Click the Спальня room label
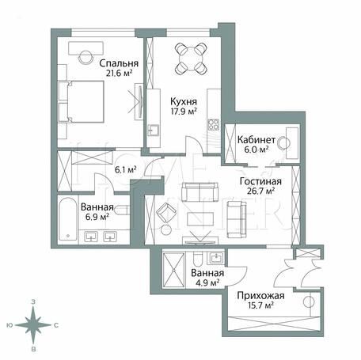point(119,63)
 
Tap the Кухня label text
point(184,101)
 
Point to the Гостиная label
point(260,181)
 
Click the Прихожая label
point(260,296)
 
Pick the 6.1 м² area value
point(126,169)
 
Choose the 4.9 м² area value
point(207,282)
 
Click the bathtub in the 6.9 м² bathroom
point(68,219)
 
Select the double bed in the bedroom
point(81,101)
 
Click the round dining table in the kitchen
point(191,59)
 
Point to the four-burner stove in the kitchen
point(214,125)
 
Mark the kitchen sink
point(154,130)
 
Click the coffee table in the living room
point(200,219)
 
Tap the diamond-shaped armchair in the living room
point(166,213)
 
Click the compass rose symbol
point(33,325)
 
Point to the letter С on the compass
point(56,325)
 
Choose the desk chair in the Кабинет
point(284,143)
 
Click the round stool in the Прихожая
point(309,301)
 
